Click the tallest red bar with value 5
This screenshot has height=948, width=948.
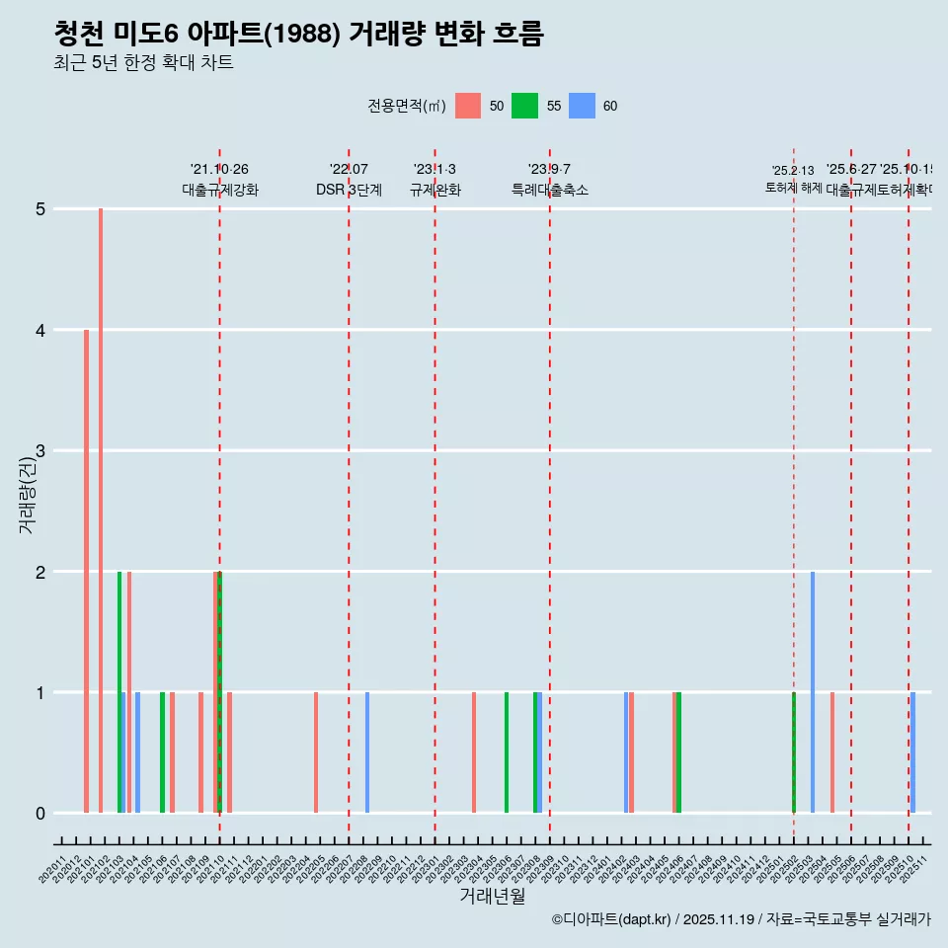click(x=101, y=511)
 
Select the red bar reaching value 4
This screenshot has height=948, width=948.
click(x=87, y=571)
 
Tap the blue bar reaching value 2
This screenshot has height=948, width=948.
click(x=813, y=691)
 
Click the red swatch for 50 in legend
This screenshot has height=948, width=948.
click(x=468, y=106)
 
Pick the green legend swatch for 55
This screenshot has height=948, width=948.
click(x=524, y=106)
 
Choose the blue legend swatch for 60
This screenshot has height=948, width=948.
click(x=582, y=106)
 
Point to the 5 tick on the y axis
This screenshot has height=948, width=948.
click(x=40, y=209)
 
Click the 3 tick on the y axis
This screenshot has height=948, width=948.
click(x=40, y=451)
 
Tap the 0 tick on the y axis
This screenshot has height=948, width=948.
click(x=40, y=814)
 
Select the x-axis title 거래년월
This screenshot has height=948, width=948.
click(x=492, y=896)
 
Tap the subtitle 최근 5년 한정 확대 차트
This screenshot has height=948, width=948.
click(x=143, y=63)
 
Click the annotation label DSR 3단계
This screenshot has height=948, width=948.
click(x=349, y=190)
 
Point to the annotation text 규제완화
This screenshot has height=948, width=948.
click(x=434, y=190)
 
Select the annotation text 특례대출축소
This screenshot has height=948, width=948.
click(x=549, y=190)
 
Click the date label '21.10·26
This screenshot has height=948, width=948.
click(x=219, y=170)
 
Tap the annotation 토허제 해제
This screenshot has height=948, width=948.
click(x=793, y=187)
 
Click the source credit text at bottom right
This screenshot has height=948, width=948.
click(x=741, y=919)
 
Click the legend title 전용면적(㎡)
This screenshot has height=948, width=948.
click(x=405, y=106)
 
